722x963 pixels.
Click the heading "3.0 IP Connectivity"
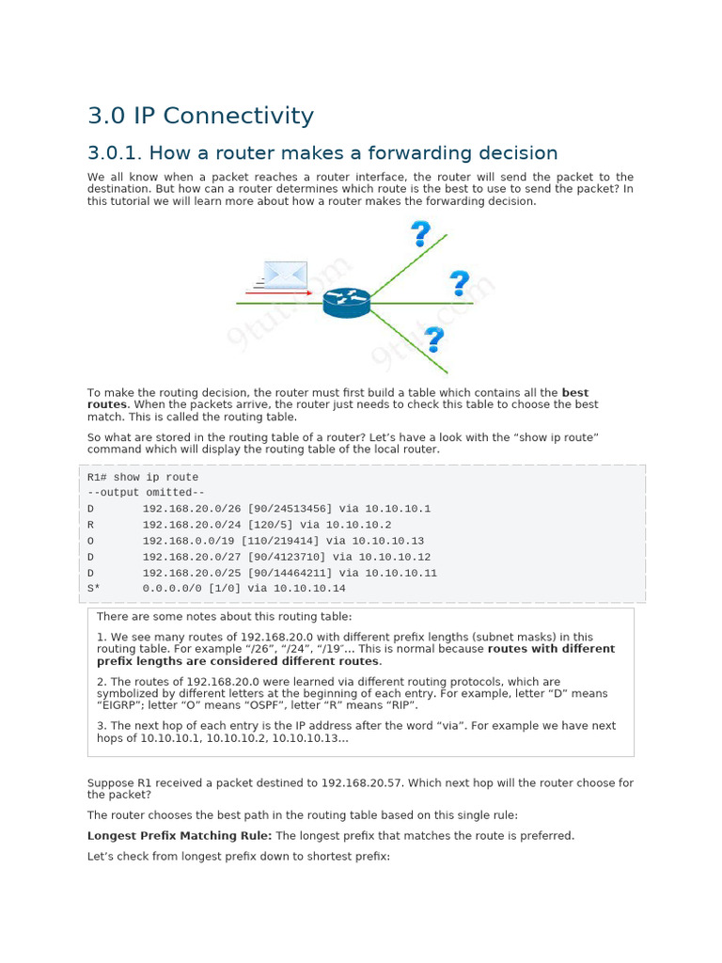click(200, 116)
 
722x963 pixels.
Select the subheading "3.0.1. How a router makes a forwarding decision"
click(322, 153)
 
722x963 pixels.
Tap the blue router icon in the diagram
click(347, 302)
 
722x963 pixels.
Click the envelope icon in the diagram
click(285, 275)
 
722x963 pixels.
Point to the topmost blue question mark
click(420, 233)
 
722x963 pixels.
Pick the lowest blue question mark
click(433, 339)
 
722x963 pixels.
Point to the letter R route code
click(91, 525)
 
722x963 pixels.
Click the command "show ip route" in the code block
click(156, 477)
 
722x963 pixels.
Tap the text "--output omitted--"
click(146, 493)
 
